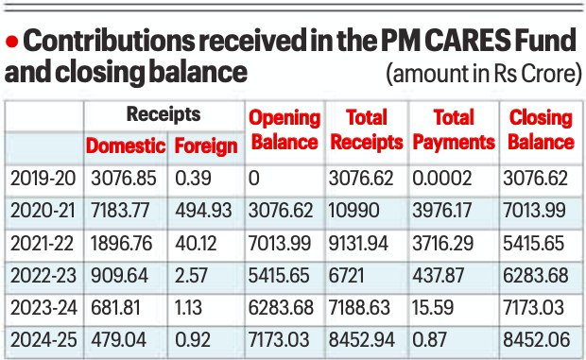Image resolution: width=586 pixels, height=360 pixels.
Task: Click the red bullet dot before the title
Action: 12,41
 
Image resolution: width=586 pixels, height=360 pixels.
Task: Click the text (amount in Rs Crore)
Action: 484,74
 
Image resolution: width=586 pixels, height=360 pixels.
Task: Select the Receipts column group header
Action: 164,113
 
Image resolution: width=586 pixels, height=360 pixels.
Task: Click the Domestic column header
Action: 126,146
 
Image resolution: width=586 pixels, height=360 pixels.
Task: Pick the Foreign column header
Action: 206,146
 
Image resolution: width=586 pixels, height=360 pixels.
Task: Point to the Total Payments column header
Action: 454,130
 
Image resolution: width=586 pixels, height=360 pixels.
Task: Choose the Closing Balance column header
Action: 541,130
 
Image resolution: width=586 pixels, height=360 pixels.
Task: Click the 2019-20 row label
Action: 43,178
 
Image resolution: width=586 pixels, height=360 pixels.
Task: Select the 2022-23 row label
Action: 43,275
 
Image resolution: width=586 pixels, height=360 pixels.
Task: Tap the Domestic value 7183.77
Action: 120,211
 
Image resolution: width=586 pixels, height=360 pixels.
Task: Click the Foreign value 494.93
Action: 203,211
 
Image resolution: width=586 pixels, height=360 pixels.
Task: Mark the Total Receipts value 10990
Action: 353,211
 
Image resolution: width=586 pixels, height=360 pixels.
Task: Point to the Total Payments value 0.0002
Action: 441,178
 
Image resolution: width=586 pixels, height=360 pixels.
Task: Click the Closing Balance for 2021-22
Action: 533,243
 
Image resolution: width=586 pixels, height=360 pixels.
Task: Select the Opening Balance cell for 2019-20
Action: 253,178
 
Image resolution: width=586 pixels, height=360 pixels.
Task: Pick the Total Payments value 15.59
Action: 433,308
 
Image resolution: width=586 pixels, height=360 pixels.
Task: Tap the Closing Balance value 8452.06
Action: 536,340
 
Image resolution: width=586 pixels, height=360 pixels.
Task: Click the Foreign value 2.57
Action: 191,275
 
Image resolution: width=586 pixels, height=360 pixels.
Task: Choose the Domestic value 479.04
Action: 118,340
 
